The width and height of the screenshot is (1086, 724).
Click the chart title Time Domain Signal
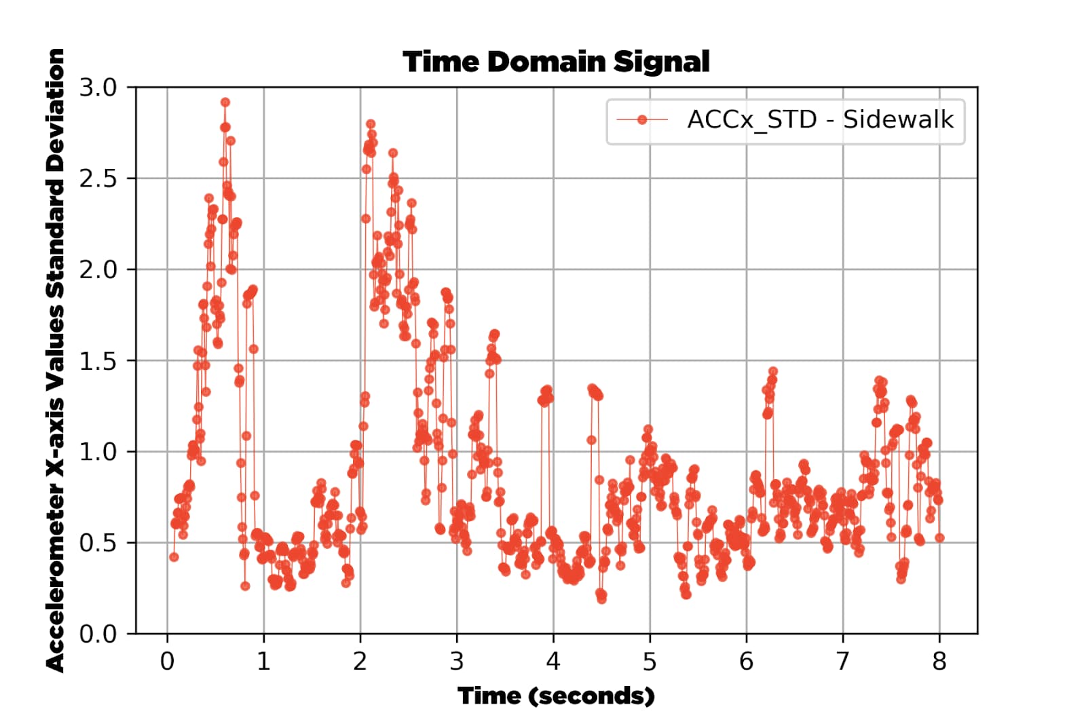pyautogui.click(x=556, y=62)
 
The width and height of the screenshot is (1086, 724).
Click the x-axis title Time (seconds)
pyautogui.click(x=556, y=696)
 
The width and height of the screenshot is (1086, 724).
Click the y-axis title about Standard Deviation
pyautogui.click(x=55, y=360)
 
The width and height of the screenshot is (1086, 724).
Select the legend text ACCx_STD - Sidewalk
pyautogui.click(x=821, y=119)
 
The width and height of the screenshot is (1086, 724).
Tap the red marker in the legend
pyautogui.click(x=642, y=119)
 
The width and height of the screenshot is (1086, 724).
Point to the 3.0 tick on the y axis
pyautogui.click(x=98, y=88)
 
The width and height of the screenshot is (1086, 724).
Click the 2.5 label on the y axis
pyautogui.click(x=98, y=179)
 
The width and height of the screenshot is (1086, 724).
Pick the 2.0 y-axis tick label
pyautogui.click(x=98, y=270)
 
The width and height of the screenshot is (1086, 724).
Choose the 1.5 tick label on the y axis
pyautogui.click(x=98, y=361)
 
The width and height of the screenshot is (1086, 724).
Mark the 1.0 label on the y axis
pyautogui.click(x=98, y=452)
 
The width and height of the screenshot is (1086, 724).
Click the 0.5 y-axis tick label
pyautogui.click(x=98, y=544)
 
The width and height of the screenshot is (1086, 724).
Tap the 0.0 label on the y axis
pyautogui.click(x=98, y=634)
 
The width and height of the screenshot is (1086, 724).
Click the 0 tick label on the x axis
pyautogui.click(x=167, y=662)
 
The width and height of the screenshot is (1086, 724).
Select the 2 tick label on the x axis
pyautogui.click(x=360, y=662)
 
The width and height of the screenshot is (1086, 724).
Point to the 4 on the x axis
pyautogui.click(x=553, y=662)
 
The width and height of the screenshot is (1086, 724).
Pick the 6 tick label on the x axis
pyautogui.click(x=746, y=662)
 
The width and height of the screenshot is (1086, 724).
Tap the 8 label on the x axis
pyautogui.click(x=939, y=662)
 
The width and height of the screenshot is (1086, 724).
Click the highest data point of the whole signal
pyautogui.click(x=225, y=102)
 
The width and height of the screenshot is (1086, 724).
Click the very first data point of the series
pyautogui.click(x=174, y=557)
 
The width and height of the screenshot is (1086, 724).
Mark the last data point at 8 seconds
pyautogui.click(x=939, y=538)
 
